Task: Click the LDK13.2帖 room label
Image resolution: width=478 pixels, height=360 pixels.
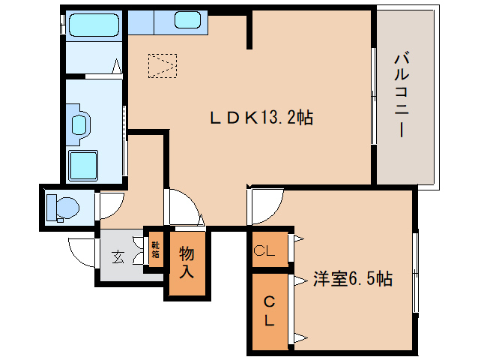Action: tap(260, 117)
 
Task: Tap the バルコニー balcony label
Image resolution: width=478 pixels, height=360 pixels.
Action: tap(402, 94)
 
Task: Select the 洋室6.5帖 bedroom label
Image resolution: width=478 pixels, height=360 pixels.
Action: tap(352, 279)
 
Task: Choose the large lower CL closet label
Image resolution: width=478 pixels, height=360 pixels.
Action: tap(267, 310)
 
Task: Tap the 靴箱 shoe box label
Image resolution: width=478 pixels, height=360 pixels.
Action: tap(155, 249)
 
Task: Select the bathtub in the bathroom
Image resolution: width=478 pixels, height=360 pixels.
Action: tap(92, 28)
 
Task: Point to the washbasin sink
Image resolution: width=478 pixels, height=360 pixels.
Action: tap(79, 124)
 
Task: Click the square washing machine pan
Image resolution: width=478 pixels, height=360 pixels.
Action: tap(83, 165)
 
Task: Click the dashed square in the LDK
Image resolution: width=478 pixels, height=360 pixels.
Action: tap(163, 65)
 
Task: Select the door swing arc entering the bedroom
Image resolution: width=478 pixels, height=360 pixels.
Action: tap(266, 206)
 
